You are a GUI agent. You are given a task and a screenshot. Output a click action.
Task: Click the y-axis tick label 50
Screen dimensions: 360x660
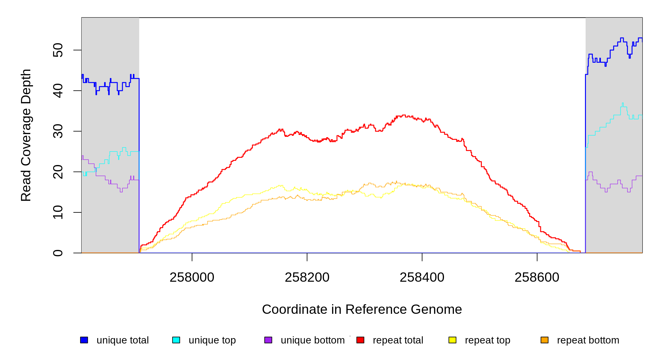[58, 50]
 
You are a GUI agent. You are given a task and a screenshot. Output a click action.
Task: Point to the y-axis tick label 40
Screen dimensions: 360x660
[58, 91]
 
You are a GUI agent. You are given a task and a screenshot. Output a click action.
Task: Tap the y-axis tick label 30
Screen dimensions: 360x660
[58, 131]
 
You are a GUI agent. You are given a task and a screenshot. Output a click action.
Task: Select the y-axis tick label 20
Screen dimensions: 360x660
[58, 172]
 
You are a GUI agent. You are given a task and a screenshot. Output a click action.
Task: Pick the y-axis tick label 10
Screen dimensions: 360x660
[58, 212]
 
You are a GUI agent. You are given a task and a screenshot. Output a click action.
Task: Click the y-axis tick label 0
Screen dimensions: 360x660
[58, 253]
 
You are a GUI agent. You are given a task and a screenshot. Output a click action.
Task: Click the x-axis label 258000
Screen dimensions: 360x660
[192, 277]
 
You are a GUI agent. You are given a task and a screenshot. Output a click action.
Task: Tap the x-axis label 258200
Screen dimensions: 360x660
[307, 277]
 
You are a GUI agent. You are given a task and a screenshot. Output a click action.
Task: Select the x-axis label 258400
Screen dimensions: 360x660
[422, 277]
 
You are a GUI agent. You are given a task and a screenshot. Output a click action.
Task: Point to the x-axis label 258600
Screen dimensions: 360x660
[537, 277]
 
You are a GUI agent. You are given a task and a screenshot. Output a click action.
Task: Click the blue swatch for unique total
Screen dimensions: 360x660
[84, 340]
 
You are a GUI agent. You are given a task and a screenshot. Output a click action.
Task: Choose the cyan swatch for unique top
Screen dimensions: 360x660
[176, 340]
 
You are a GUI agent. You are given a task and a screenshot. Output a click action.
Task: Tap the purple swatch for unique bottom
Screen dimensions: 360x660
[268, 340]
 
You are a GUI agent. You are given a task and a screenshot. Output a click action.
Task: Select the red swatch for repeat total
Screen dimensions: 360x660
[360, 340]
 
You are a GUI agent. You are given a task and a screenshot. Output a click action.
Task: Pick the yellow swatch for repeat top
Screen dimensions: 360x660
[452, 340]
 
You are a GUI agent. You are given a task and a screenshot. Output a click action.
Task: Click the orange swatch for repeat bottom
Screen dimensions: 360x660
[544, 340]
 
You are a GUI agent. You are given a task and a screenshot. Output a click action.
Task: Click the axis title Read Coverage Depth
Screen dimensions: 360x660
[26, 135]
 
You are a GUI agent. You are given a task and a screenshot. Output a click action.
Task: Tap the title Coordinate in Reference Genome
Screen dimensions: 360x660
[362, 309]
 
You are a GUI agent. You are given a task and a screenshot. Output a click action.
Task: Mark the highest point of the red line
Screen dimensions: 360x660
[404, 115]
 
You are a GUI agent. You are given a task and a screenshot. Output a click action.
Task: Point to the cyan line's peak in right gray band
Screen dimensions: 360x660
[622, 103]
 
